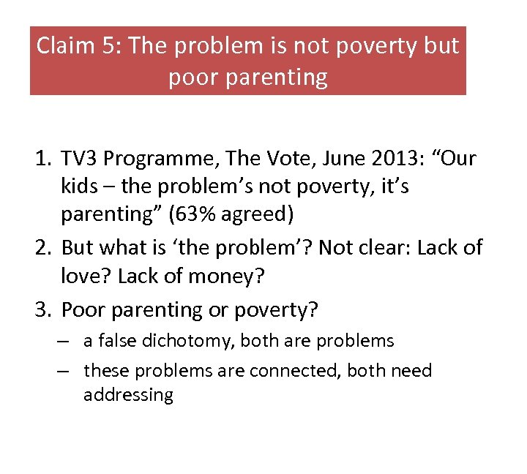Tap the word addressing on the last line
coord(128,396)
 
